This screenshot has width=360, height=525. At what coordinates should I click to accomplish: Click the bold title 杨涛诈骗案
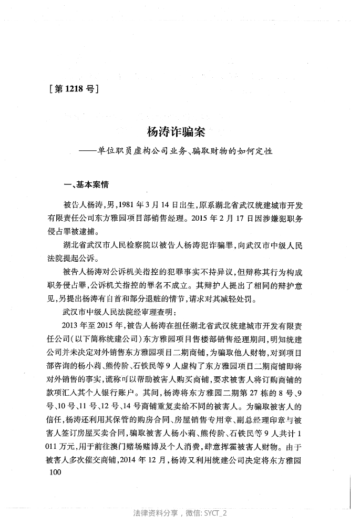pyautogui.click(x=176, y=133)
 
